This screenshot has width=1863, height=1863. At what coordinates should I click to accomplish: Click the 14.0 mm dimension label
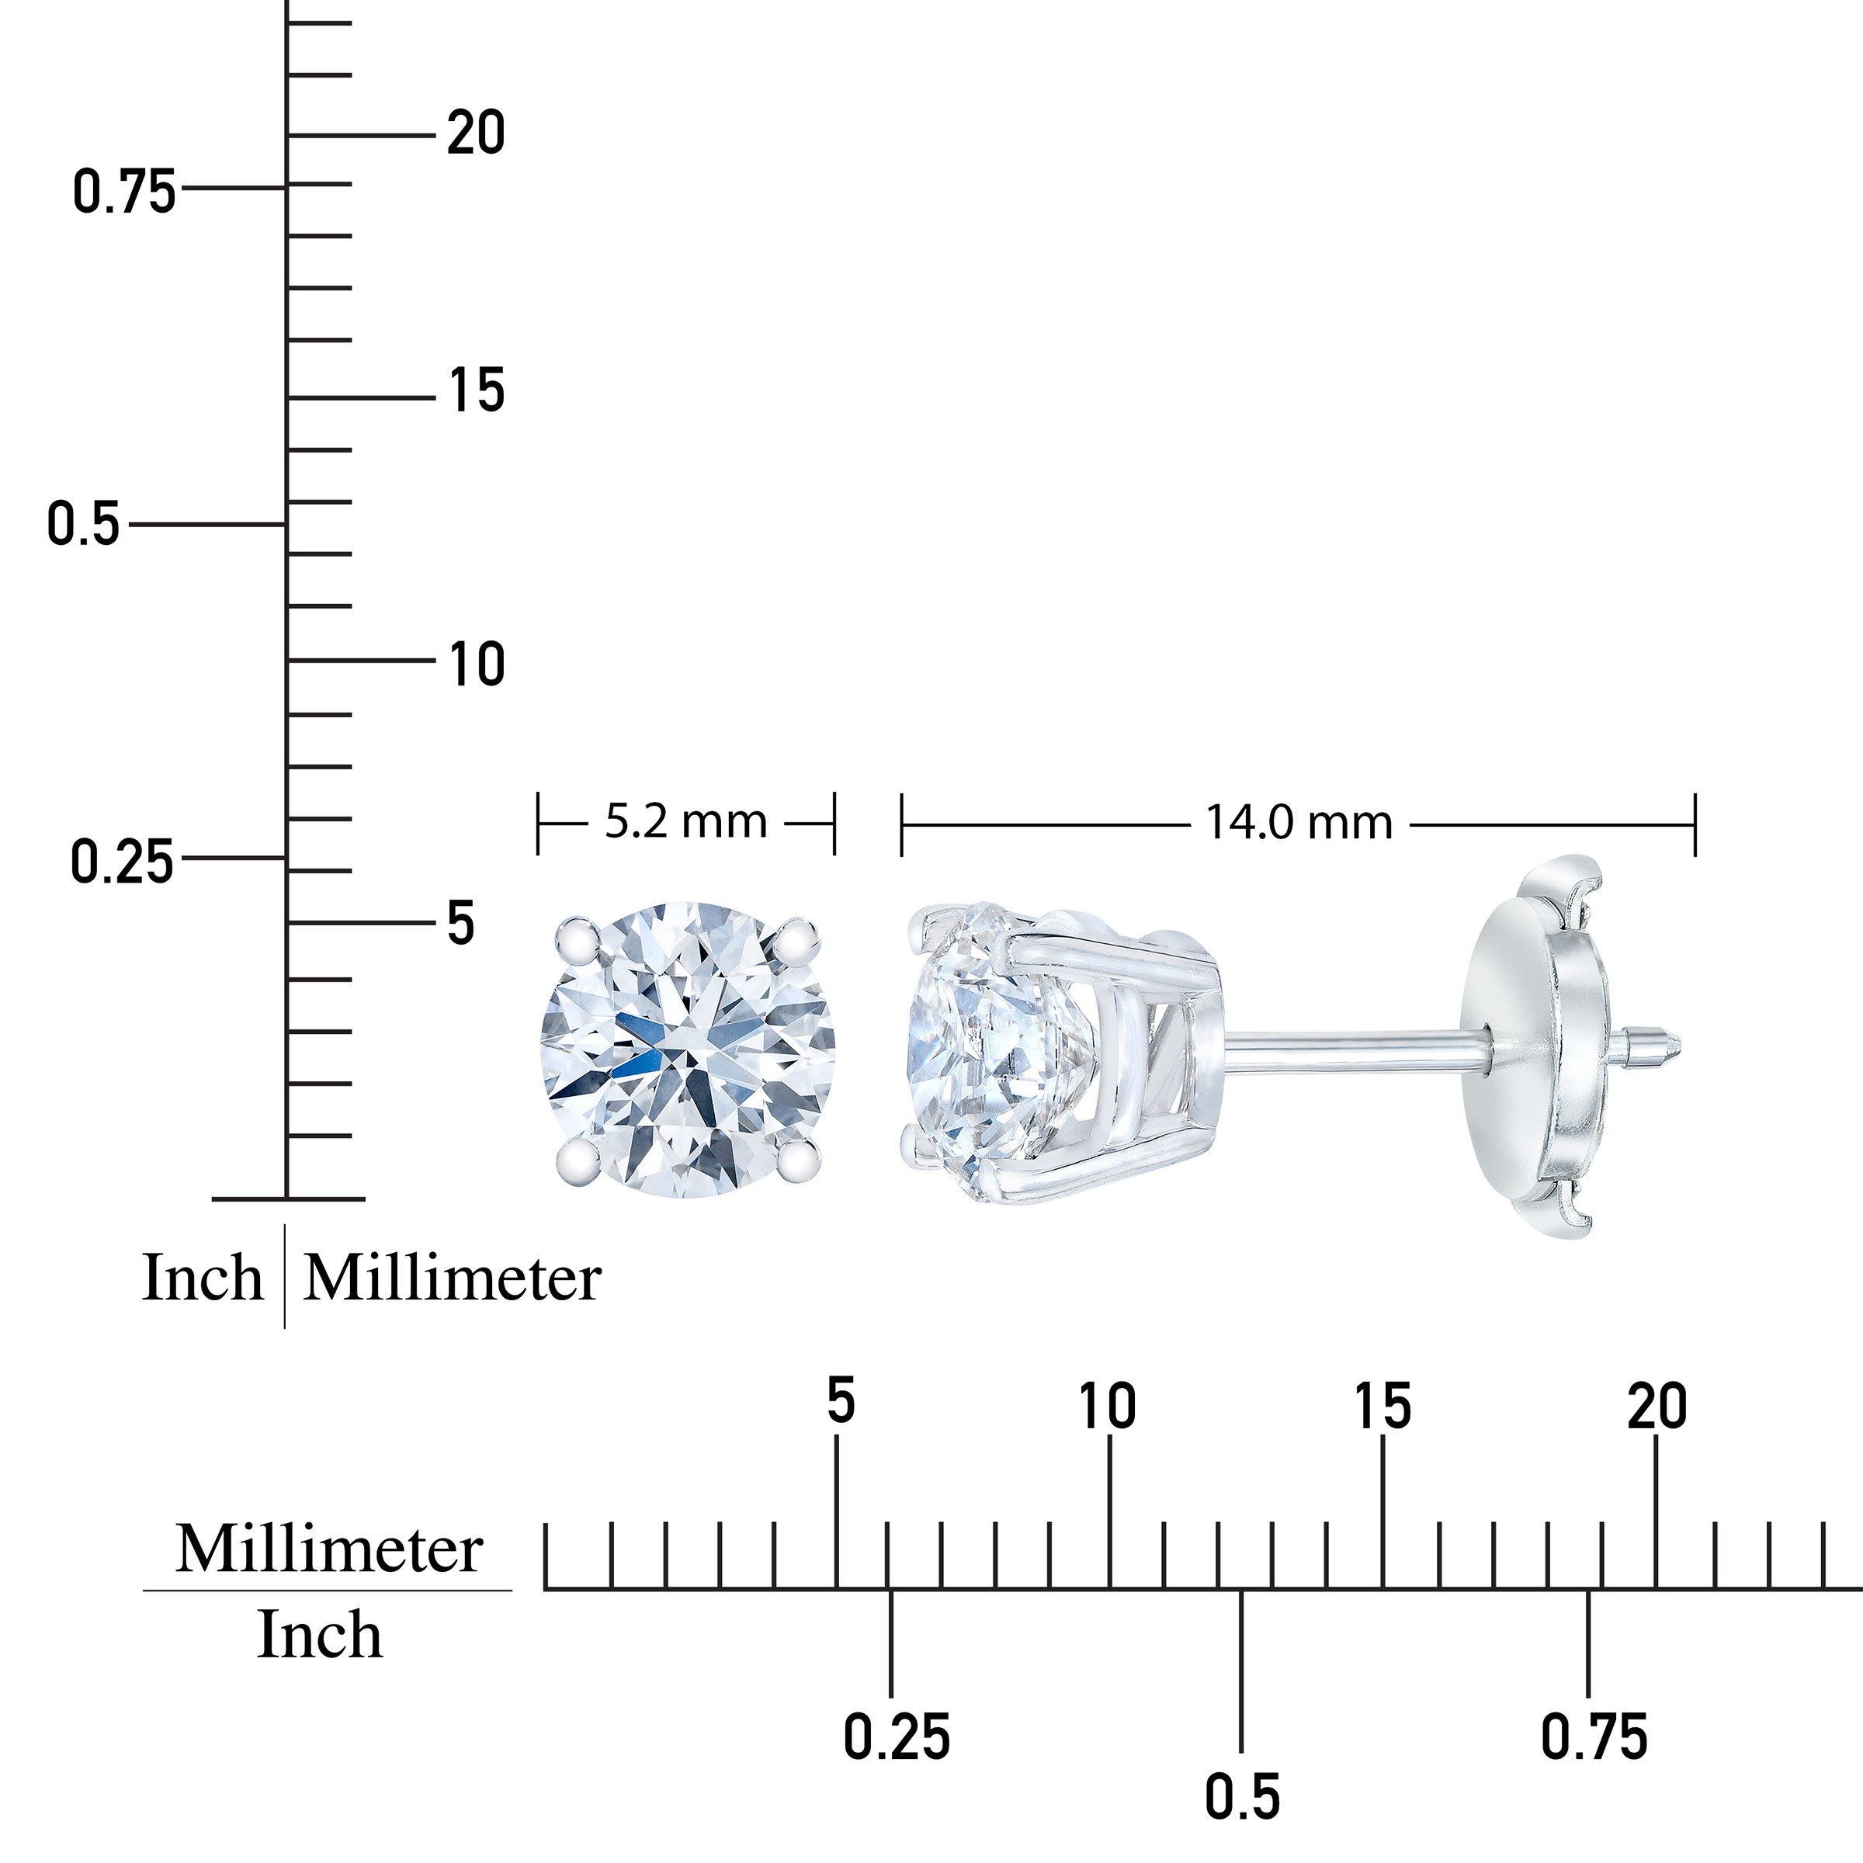coord(1299,824)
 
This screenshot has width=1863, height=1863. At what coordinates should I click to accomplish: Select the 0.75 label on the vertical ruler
coord(124,191)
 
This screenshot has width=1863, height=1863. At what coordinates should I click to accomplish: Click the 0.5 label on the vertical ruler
coord(84,526)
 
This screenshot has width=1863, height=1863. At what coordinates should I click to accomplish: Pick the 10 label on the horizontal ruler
coord(1108,1407)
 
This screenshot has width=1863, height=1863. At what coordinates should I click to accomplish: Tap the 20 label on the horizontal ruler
coord(1657,1407)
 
